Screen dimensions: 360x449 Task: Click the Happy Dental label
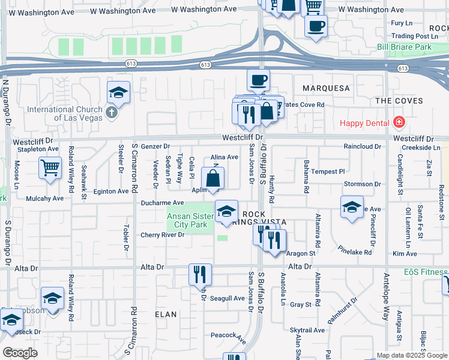click(364, 123)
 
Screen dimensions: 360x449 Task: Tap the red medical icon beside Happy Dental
click(399, 123)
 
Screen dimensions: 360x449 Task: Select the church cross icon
click(111, 112)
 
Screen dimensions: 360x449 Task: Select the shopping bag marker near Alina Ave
click(213, 178)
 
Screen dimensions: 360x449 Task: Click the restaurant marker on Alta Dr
click(200, 274)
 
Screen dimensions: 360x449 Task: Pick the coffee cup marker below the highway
click(259, 80)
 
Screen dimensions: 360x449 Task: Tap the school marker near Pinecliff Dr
click(352, 207)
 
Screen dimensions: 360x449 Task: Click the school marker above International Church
click(119, 93)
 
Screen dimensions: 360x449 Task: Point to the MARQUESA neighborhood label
click(326, 88)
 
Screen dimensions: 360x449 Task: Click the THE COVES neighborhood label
click(399, 101)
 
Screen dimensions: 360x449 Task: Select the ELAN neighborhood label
click(166, 314)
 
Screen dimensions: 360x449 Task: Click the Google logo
click(20, 353)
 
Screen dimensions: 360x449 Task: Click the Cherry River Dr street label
click(162, 235)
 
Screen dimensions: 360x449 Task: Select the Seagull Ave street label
click(228, 298)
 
